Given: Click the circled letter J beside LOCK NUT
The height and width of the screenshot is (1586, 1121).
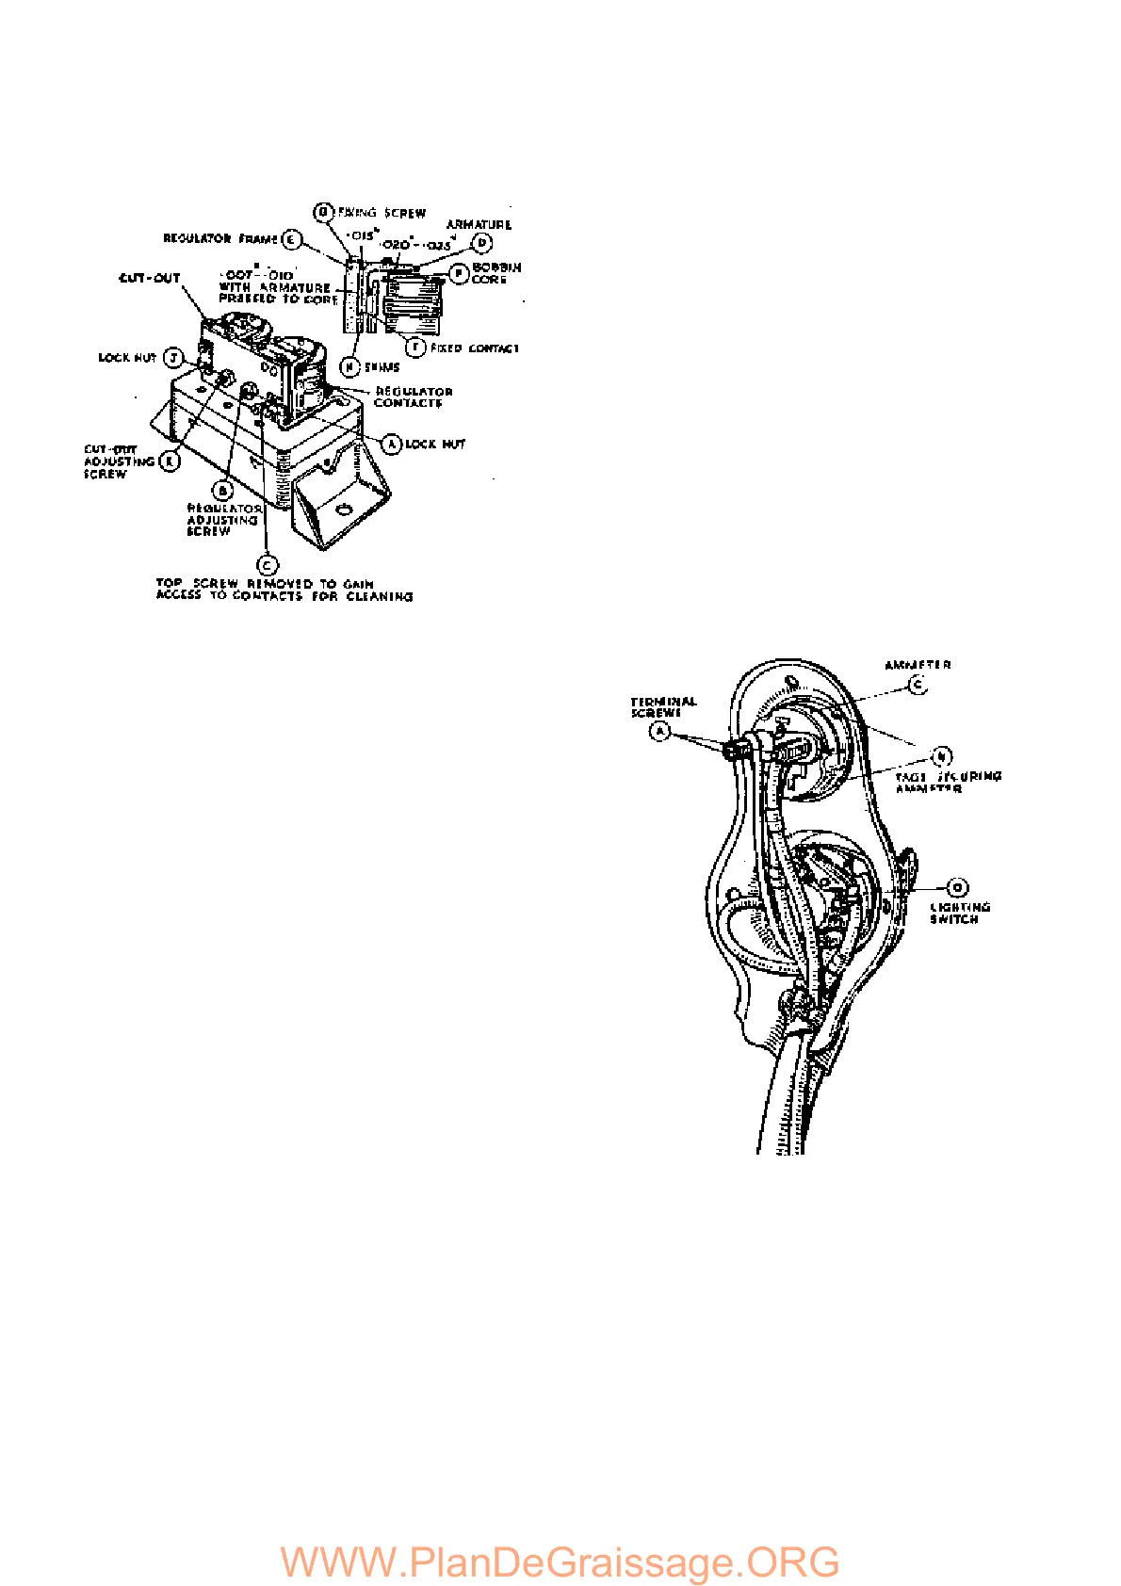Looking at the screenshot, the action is click(172, 358).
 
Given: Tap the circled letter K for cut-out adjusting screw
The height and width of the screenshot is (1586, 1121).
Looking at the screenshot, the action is click(170, 461).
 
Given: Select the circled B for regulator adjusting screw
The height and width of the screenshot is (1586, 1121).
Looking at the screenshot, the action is click(223, 491).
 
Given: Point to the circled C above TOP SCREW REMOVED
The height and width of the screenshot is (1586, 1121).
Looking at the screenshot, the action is click(268, 565).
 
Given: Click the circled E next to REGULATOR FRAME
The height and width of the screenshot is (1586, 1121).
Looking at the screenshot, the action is click(292, 240).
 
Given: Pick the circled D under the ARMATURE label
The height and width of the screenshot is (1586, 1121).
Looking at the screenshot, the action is click(481, 244).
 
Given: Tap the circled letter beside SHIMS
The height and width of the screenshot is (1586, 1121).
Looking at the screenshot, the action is click(350, 366).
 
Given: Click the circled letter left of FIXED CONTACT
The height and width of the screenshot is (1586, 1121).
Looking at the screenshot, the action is click(414, 348).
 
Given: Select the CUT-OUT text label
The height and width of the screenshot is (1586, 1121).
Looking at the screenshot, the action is click(149, 279).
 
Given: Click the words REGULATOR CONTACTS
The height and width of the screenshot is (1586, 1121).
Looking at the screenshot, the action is click(413, 397).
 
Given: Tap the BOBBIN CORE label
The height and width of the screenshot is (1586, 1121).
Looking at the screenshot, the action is click(496, 273).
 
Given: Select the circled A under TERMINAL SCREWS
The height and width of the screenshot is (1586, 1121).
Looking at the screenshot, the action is click(661, 731).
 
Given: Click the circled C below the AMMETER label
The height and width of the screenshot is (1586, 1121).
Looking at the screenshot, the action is click(918, 686).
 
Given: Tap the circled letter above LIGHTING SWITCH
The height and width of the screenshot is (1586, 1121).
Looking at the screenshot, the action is click(957, 887).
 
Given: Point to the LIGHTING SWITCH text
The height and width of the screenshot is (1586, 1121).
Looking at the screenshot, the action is click(959, 914).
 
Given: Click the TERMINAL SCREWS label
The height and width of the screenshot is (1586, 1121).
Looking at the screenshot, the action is click(663, 707).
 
